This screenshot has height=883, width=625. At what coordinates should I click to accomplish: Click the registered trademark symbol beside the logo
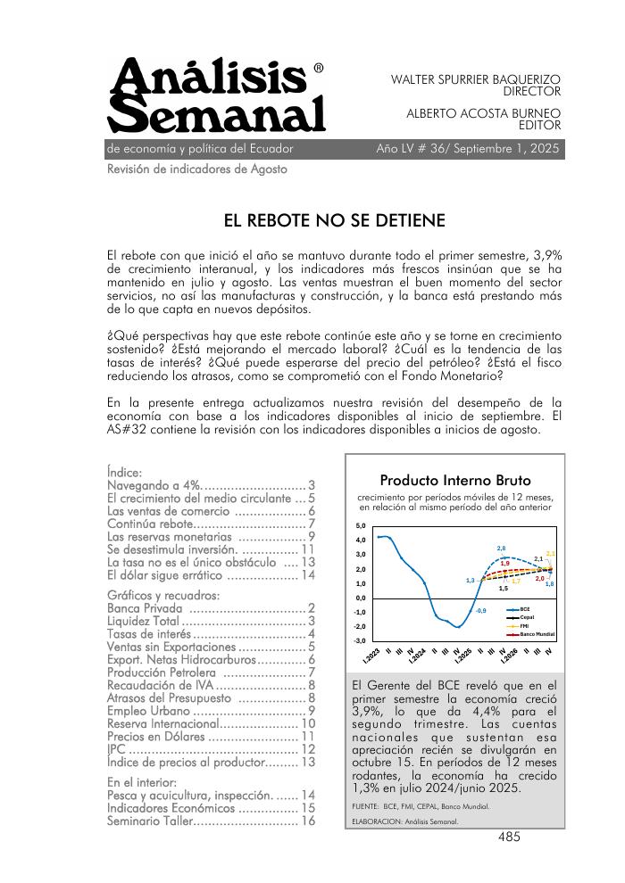pyautogui.click(x=319, y=68)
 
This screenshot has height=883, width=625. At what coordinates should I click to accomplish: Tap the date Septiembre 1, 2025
pyautogui.click(x=506, y=149)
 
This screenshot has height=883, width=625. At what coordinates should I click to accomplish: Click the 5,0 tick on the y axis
pyautogui.click(x=361, y=526)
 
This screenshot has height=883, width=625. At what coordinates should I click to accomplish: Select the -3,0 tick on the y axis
pyautogui.click(x=360, y=641)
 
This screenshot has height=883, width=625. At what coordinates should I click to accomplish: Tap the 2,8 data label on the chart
pyautogui.click(x=501, y=548)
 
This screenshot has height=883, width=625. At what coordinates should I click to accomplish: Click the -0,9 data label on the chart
pyautogui.click(x=480, y=610)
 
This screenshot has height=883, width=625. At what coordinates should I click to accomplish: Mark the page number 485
pyautogui.click(x=509, y=837)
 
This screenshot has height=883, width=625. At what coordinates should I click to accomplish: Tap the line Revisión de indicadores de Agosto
pyautogui.click(x=196, y=169)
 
